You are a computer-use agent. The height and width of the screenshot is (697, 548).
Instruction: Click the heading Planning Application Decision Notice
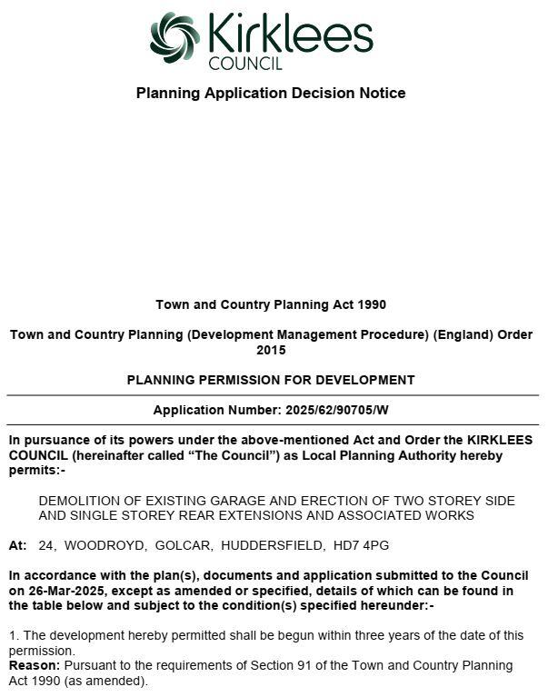pyautogui.click(x=271, y=93)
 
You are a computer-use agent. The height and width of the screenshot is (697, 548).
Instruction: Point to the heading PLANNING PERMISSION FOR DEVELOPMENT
pyautogui.click(x=271, y=380)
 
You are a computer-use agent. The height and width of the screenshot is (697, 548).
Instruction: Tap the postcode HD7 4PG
pyautogui.click(x=374, y=545)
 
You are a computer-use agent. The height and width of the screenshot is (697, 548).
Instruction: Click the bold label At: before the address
pyautogui.click(x=18, y=545)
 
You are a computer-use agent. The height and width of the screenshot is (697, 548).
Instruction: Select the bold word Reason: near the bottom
pyautogui.click(x=35, y=665)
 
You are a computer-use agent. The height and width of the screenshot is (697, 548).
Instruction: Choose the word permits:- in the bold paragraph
pyautogui.click(x=37, y=470)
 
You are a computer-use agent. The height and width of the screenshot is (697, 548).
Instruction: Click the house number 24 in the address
pyautogui.click(x=46, y=545)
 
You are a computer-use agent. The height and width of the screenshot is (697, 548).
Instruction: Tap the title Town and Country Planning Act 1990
pyautogui.click(x=271, y=304)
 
